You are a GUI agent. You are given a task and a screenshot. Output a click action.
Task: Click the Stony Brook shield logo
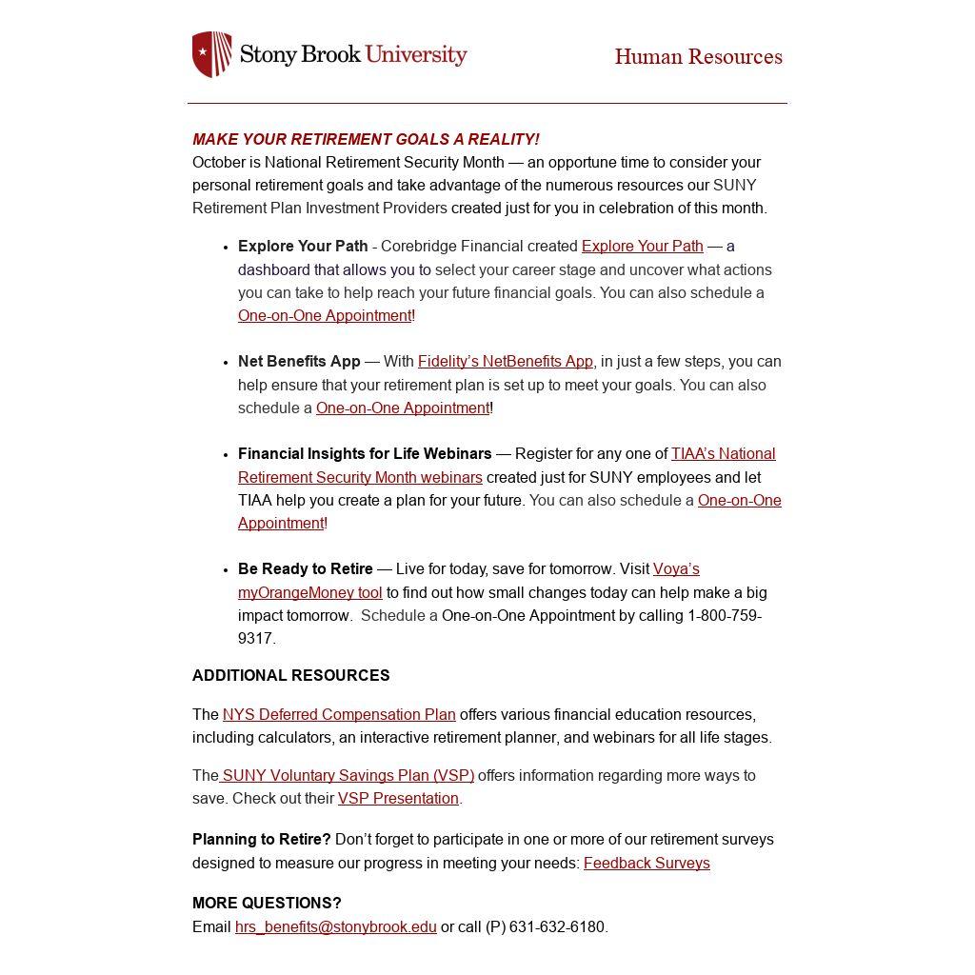(x=212, y=54)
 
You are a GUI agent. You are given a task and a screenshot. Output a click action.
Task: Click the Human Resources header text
(x=698, y=57)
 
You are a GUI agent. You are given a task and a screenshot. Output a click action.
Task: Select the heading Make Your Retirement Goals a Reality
(x=366, y=139)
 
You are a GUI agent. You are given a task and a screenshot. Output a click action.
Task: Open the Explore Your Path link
(x=642, y=247)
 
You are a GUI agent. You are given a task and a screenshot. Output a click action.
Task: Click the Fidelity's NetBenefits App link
(x=505, y=362)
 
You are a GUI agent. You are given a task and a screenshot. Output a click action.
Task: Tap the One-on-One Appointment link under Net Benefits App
(x=402, y=408)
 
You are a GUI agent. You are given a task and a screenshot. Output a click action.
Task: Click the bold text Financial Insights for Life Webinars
(x=365, y=454)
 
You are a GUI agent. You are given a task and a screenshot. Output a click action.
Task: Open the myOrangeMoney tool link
(x=309, y=593)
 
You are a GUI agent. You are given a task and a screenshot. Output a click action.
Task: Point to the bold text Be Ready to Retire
(x=305, y=569)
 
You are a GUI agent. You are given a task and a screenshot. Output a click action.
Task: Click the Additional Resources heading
(x=290, y=676)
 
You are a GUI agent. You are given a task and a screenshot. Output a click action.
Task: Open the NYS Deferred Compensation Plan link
(x=339, y=715)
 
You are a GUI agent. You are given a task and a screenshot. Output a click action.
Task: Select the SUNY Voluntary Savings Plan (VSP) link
(x=348, y=776)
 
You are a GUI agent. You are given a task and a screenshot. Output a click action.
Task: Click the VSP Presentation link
(x=398, y=799)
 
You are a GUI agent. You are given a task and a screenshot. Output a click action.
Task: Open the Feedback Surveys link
(x=647, y=864)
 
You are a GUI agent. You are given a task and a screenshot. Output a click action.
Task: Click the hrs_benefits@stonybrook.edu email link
(x=335, y=927)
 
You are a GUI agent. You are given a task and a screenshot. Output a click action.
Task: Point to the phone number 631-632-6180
(x=558, y=927)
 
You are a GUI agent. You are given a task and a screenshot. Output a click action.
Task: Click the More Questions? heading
(x=267, y=904)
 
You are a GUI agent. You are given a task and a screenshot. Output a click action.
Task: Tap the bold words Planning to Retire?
(x=261, y=840)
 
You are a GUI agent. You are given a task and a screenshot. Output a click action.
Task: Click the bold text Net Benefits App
(x=299, y=362)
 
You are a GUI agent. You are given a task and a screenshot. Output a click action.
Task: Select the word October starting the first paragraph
(x=219, y=163)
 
